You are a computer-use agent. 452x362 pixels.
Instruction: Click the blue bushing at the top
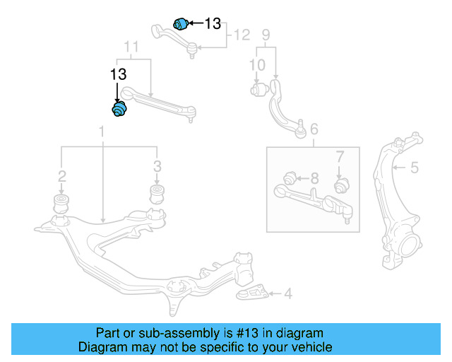181,23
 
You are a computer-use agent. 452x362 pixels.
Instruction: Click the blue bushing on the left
120,110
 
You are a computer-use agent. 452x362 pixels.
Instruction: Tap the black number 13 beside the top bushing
213,23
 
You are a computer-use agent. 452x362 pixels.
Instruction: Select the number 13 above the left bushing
118,74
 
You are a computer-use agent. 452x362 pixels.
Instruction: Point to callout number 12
242,34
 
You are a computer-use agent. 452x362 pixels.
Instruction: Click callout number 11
132,47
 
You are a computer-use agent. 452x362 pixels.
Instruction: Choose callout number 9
266,34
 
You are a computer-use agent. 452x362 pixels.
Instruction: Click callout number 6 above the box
314,129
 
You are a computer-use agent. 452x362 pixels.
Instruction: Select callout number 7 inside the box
339,156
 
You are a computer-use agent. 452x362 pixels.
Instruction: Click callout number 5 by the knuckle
415,168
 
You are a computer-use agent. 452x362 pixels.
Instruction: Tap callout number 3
157,166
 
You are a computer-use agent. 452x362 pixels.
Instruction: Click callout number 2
62,175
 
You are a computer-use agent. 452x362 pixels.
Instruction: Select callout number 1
102,132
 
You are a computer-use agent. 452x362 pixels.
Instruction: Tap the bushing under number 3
157,194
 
